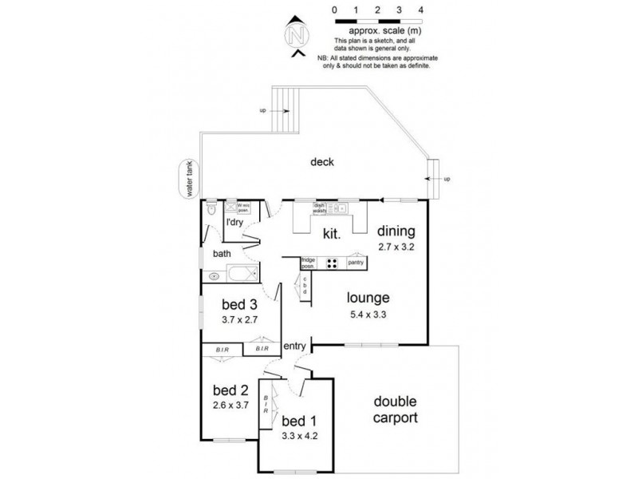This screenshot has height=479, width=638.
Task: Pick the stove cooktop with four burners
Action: point(333,262)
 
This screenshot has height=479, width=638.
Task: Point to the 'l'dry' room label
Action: point(234,223)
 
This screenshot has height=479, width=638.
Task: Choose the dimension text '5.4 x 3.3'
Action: point(368,314)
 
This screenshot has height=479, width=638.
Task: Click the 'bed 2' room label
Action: point(230,391)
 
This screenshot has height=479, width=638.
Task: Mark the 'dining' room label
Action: point(396,232)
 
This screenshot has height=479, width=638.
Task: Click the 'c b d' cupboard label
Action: point(305,285)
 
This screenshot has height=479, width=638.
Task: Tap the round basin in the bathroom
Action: point(214,277)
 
